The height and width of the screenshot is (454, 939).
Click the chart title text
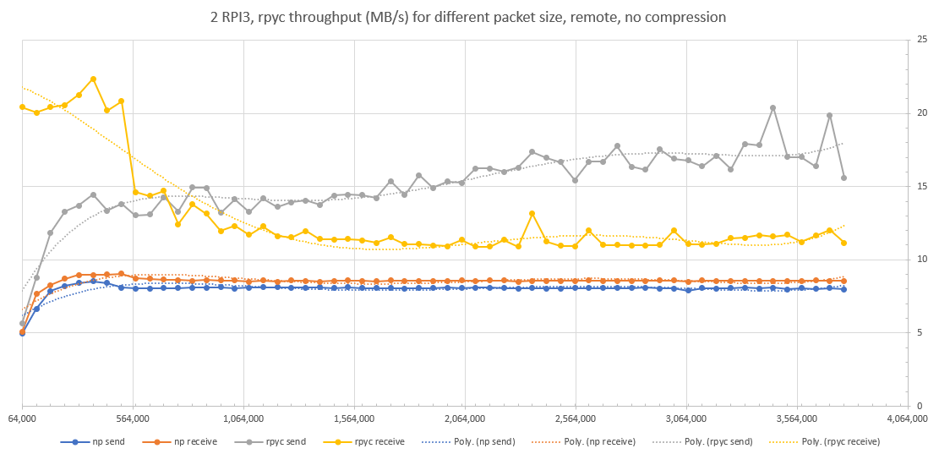[x=469, y=16]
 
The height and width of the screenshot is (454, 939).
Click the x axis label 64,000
[x=22, y=418]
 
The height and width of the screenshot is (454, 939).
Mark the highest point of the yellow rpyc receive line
[x=93, y=79]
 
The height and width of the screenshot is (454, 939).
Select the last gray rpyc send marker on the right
[x=843, y=178]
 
